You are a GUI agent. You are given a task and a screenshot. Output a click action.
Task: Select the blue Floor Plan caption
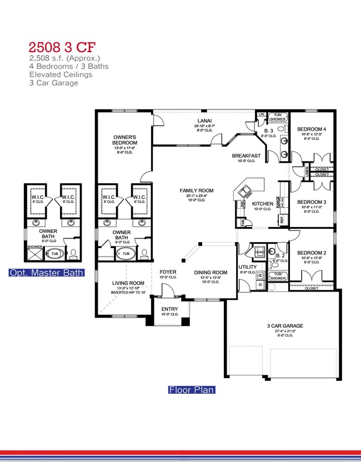tap(192, 390)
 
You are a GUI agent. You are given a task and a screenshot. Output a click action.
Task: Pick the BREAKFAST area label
tap(247, 156)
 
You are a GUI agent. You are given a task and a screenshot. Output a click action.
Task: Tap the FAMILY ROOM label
tap(196, 190)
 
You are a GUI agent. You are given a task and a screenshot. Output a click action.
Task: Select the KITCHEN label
tap(263, 204)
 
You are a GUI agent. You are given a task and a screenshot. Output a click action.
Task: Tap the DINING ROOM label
tap(210, 272)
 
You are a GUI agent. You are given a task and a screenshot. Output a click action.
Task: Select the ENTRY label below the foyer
tap(169, 309)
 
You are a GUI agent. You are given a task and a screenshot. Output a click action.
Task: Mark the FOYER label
tap(168, 272)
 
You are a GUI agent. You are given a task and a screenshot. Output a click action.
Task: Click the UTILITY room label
tap(247, 267)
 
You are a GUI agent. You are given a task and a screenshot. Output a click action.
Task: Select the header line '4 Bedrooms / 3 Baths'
tap(68, 66)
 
